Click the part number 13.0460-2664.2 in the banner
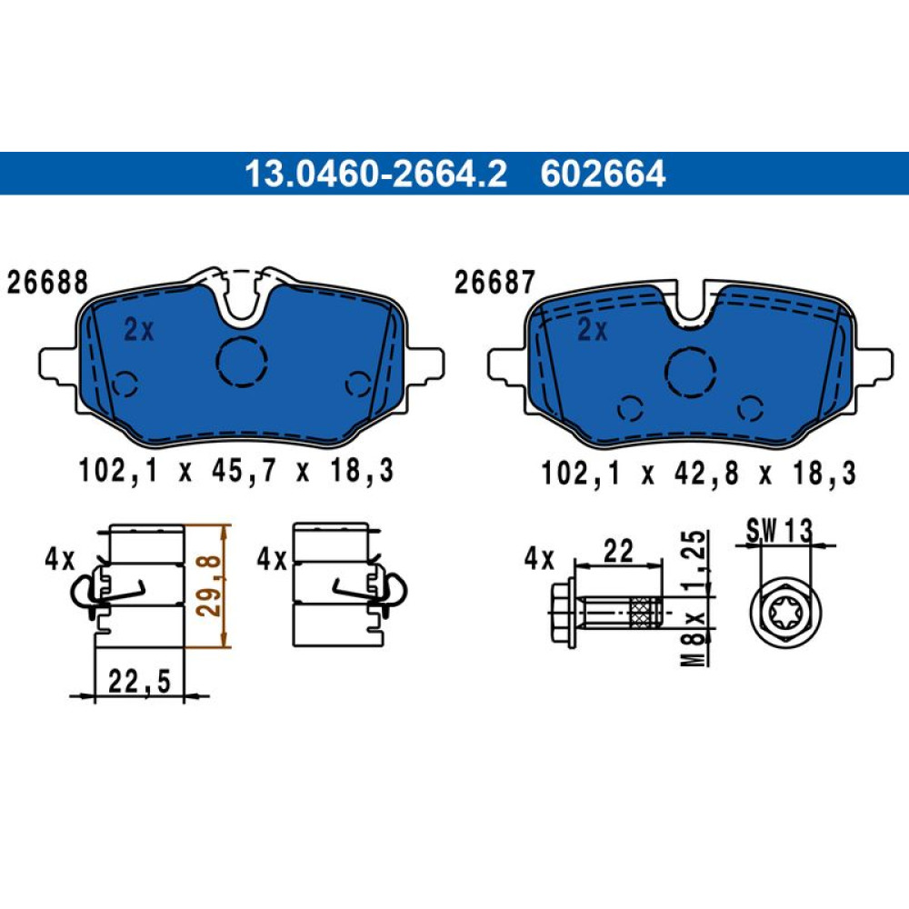click(375, 174)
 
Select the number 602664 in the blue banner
click(603, 174)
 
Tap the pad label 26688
click(47, 283)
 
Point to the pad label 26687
click(494, 283)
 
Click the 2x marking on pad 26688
click(139, 330)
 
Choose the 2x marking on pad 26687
click(593, 331)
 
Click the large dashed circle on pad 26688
click(242, 361)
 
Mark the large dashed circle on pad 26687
click(691, 372)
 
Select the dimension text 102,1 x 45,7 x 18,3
click(236, 470)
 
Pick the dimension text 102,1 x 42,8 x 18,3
click(698, 473)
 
